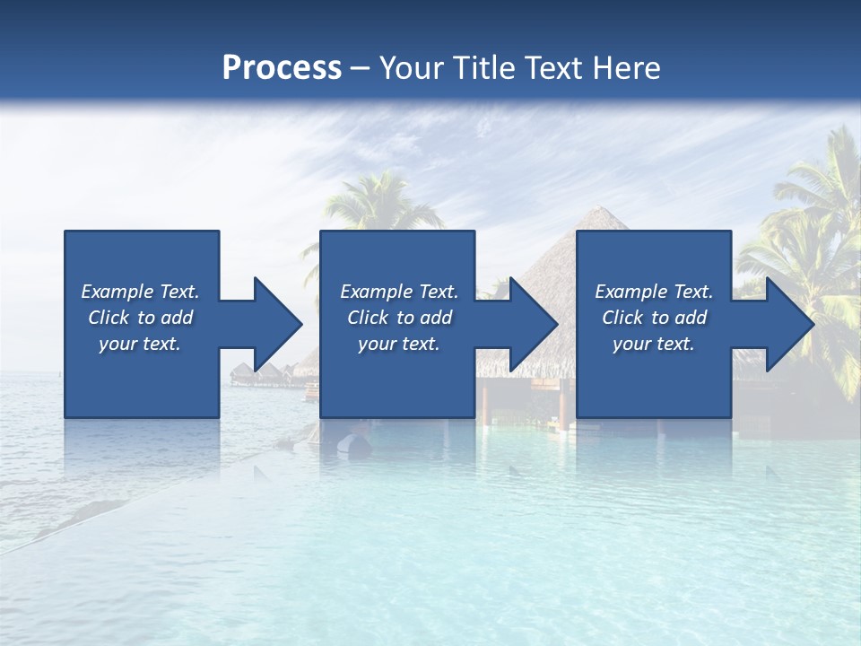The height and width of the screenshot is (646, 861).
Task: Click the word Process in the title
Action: pyautogui.click(x=282, y=68)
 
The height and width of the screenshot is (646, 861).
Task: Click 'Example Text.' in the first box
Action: pyautogui.click(x=140, y=292)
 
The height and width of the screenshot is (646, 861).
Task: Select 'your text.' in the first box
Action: pyautogui.click(x=140, y=344)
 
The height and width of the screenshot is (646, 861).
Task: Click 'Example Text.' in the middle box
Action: pyautogui.click(x=399, y=292)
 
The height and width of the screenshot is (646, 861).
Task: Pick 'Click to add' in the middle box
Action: pyautogui.click(x=399, y=318)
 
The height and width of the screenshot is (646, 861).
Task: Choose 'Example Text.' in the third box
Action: pyautogui.click(x=654, y=292)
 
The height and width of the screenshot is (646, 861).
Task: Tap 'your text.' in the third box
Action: pyautogui.click(x=654, y=344)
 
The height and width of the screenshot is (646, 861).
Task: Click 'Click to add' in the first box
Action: pyautogui.click(x=140, y=318)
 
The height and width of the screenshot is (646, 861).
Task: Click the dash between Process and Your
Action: pyautogui.click(x=361, y=68)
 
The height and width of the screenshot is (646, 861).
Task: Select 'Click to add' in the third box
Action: pyautogui.click(x=654, y=318)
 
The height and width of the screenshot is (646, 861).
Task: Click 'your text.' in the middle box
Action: pyautogui.click(x=399, y=344)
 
